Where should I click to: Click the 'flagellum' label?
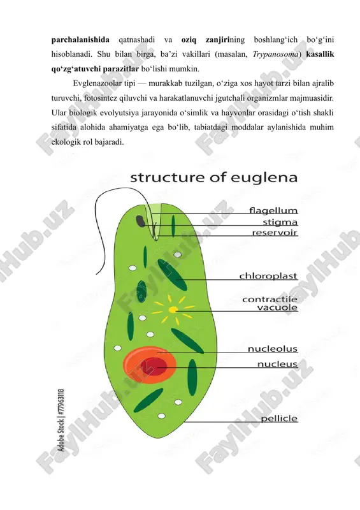pos(273,210)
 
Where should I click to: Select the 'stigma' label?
pos(280,222)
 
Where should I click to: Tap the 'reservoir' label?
pos(275,232)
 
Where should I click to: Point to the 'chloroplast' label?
pos(268,276)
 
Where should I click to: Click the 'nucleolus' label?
pos(273,349)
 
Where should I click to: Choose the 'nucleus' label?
pos(277,364)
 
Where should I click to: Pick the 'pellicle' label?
pos(279,418)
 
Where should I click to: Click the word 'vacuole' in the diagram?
pos(277,307)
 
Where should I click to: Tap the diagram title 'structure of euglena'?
pos(213,178)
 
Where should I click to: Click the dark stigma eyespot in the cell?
pos(141,221)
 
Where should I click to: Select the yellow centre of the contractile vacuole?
pos(173,309)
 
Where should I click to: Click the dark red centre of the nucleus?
pos(157,367)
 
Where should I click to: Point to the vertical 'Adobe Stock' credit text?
pos(61,420)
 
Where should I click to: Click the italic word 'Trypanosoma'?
pos(275,54)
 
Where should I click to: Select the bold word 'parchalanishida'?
pos(80,40)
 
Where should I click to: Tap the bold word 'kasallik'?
pos(320,54)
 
